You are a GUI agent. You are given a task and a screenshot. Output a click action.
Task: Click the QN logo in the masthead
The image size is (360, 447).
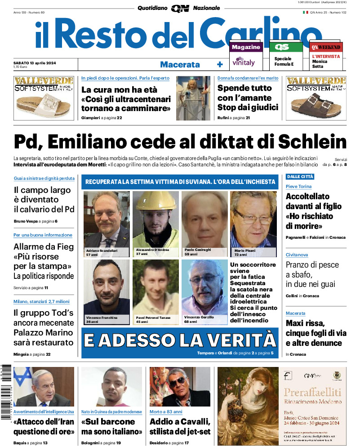click(x=180, y=8)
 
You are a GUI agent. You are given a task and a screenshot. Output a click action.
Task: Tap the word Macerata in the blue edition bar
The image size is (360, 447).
click(x=180, y=64)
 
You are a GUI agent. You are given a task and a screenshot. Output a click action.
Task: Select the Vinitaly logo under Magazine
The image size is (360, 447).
click(x=244, y=62)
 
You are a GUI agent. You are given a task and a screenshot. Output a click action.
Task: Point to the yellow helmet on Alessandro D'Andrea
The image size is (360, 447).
click(x=156, y=201)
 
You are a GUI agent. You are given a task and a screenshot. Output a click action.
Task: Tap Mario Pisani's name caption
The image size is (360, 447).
click(x=244, y=250)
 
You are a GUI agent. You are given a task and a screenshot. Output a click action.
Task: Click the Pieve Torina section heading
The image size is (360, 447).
click(x=299, y=186)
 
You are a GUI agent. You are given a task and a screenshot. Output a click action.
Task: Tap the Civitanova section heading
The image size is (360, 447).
click(x=298, y=255)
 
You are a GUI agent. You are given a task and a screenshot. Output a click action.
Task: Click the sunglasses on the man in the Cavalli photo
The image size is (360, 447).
click(x=177, y=382)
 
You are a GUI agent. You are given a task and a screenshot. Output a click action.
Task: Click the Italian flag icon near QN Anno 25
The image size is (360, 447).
click(x=305, y=12)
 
